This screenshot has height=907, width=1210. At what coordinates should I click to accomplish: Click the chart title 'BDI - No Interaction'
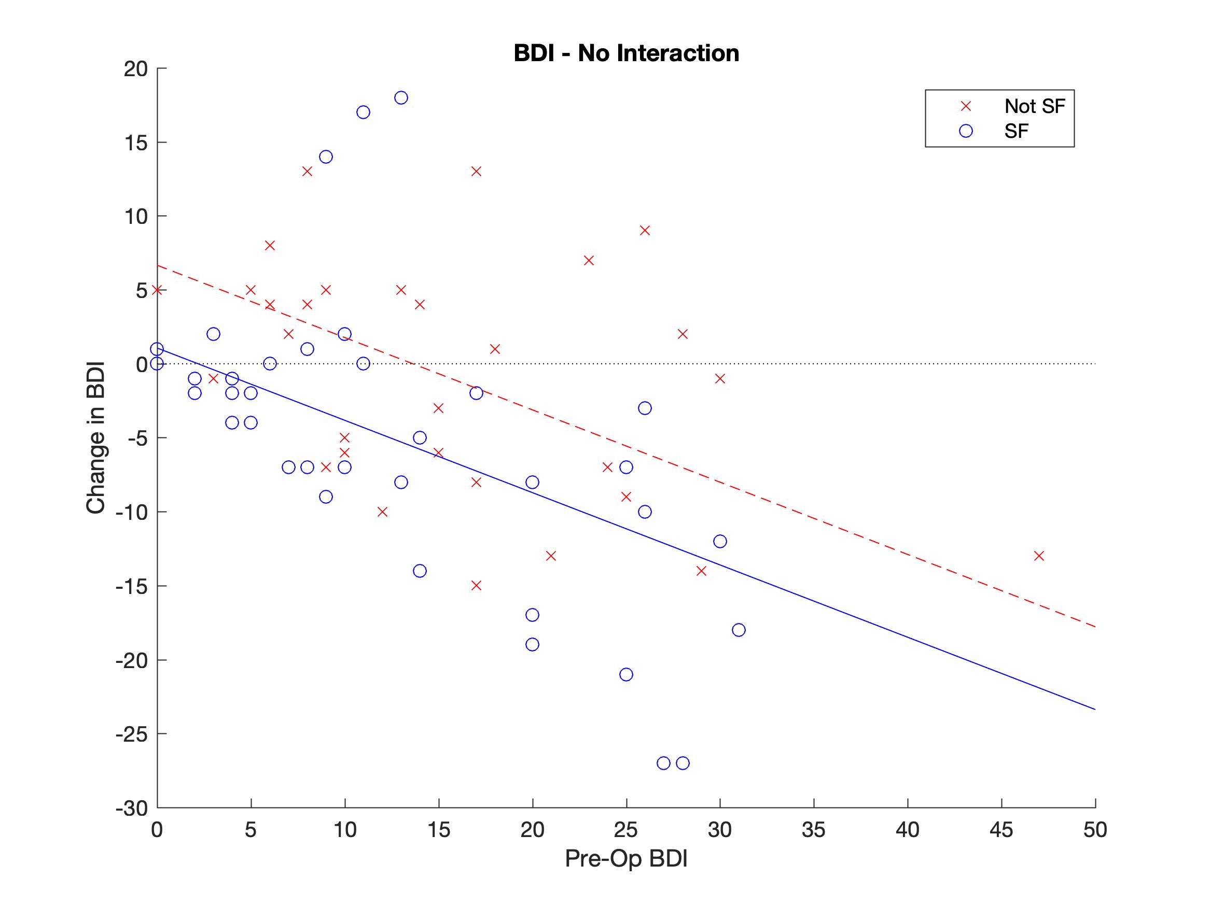tap(626, 53)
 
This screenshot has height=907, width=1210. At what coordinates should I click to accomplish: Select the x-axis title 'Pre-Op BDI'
tap(626, 859)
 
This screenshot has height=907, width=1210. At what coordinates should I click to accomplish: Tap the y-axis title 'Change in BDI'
tap(96, 438)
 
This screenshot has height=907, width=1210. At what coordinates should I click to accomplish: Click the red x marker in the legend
tap(966, 106)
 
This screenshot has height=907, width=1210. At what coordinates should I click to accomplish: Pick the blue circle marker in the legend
tap(966, 131)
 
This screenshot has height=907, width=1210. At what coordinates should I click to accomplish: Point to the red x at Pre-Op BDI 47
tap(1039, 556)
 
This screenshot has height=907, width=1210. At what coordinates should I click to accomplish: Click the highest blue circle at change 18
tap(401, 98)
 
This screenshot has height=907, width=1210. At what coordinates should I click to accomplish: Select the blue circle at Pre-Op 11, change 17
tap(363, 112)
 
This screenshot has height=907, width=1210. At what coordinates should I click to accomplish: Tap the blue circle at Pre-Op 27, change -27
tap(663, 763)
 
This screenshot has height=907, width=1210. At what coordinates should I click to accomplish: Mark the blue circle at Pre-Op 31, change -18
tap(739, 630)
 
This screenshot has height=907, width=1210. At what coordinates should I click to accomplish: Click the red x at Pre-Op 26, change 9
tap(645, 231)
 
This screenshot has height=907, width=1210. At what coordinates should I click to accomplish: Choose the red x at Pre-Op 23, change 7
tap(589, 260)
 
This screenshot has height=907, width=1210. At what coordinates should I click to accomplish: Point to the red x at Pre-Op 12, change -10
tap(382, 512)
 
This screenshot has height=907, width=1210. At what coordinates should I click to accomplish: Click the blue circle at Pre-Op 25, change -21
tap(627, 675)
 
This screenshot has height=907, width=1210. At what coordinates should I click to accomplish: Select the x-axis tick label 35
tap(813, 830)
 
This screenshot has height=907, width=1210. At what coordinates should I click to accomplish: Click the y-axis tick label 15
tap(136, 143)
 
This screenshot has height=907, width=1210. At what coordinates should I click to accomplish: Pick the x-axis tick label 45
tap(1001, 830)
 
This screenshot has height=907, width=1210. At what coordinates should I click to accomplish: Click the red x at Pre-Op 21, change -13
tap(551, 556)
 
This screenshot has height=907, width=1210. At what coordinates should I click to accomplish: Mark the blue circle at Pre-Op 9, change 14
tap(326, 157)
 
